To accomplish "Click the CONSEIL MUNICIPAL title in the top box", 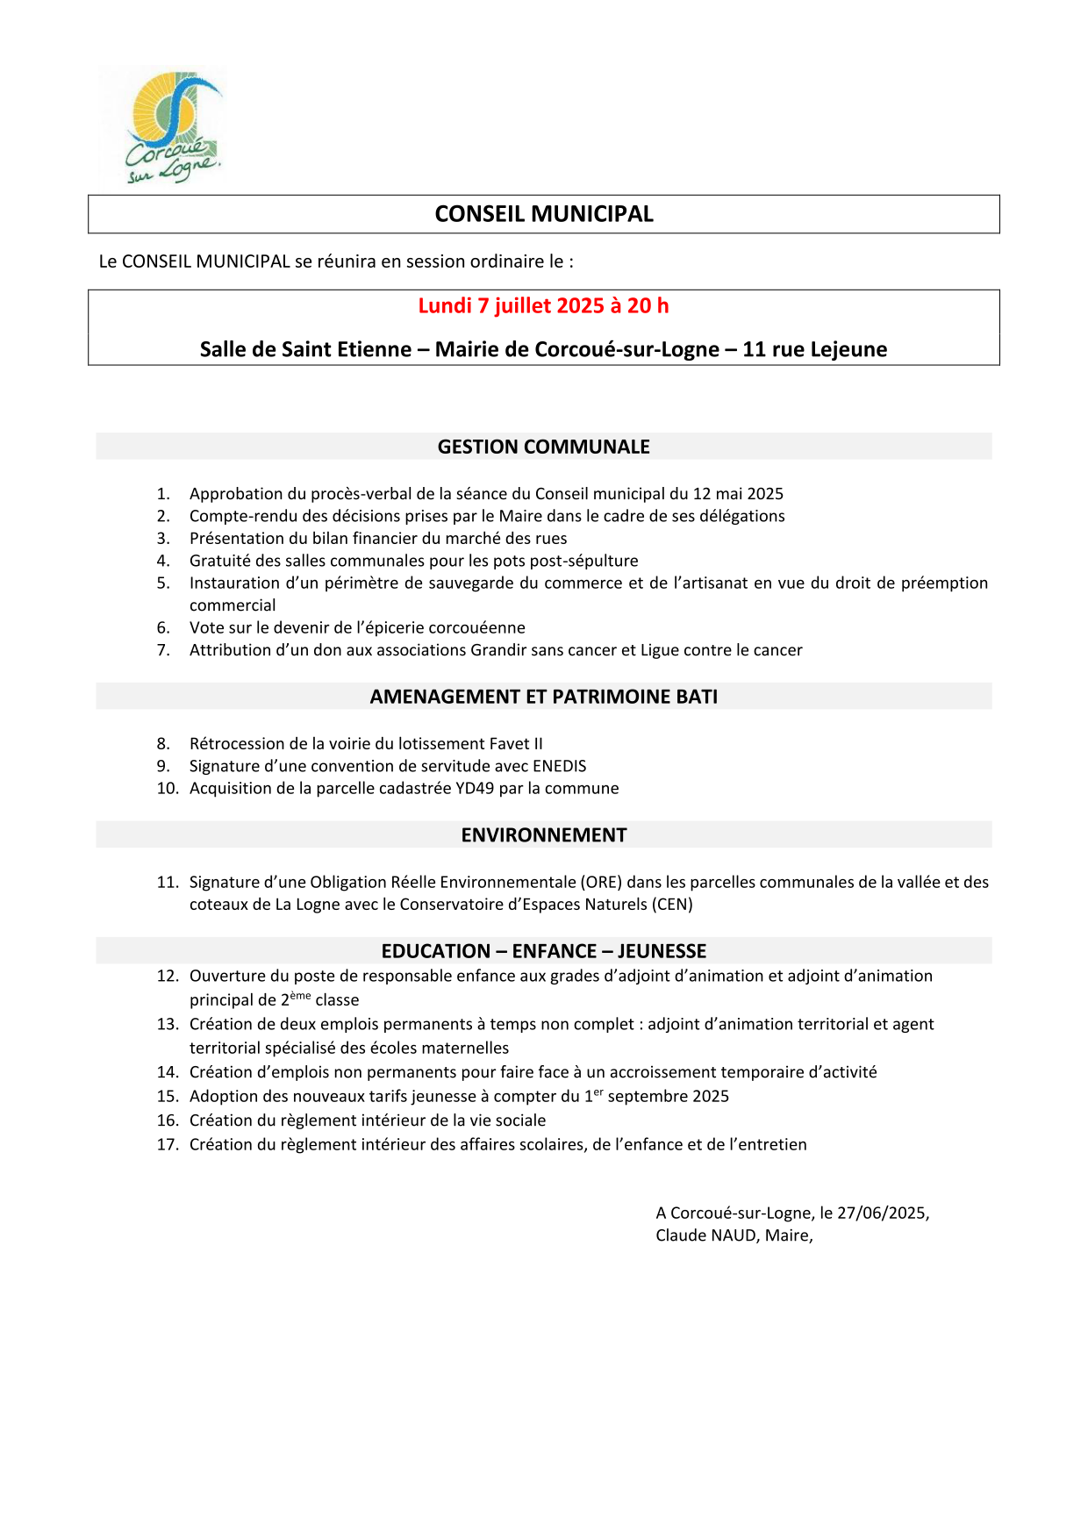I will point(544,214).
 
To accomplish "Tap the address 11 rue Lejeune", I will point(814,349).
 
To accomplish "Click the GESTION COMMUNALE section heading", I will point(544,447).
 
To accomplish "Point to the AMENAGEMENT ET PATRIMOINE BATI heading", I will point(544,697).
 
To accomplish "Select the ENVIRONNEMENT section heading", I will point(544,835).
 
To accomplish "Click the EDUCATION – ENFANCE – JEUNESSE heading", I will point(544,951).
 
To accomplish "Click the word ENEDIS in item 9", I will point(559,766).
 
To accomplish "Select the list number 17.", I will point(167,1144).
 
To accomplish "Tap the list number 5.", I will point(163,583).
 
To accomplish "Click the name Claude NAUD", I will point(706,1235).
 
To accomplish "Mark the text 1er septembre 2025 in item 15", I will point(656,1096).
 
